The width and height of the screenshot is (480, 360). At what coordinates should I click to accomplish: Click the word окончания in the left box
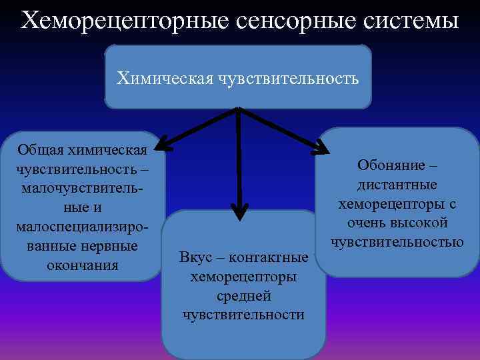(83, 265)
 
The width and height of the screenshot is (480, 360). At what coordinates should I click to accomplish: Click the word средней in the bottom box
(243, 296)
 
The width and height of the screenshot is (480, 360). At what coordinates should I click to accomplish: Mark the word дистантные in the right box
(397, 183)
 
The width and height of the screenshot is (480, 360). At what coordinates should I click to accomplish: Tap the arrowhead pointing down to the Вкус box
(239, 213)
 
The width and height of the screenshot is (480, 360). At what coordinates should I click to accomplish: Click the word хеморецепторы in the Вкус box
(243, 277)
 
